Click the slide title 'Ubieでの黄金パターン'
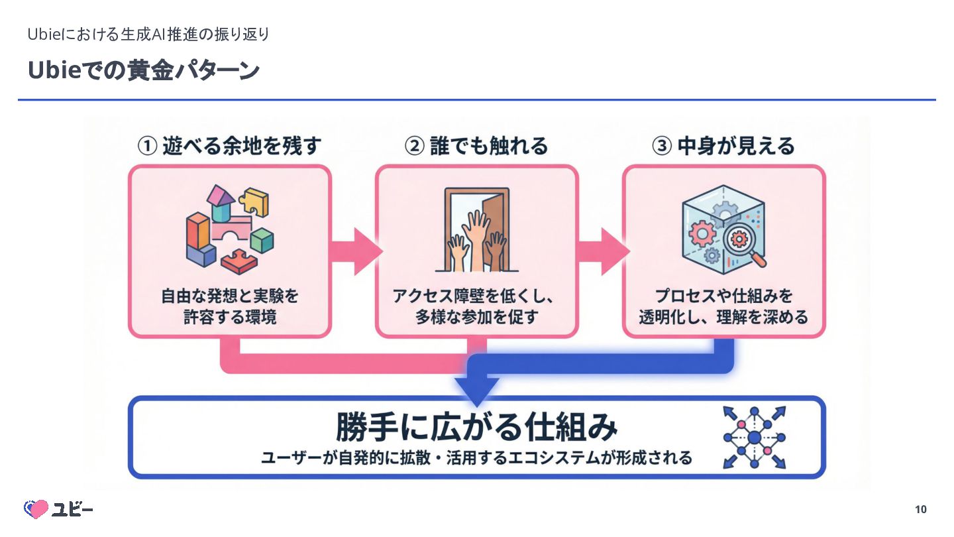(x=142, y=71)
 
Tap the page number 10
(x=920, y=509)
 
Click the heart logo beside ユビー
(x=36, y=508)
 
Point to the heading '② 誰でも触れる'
(x=476, y=146)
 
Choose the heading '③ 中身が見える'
(x=723, y=146)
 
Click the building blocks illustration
(x=229, y=229)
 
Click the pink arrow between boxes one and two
(x=354, y=251)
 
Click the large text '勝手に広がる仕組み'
(x=476, y=426)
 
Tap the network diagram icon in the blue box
(x=755, y=437)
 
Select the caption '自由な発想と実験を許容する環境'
(x=229, y=306)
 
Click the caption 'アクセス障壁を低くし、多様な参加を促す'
(x=476, y=306)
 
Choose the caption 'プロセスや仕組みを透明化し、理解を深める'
(x=723, y=306)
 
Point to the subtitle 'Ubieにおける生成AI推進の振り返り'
(x=148, y=34)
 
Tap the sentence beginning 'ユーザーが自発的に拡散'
(x=476, y=458)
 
